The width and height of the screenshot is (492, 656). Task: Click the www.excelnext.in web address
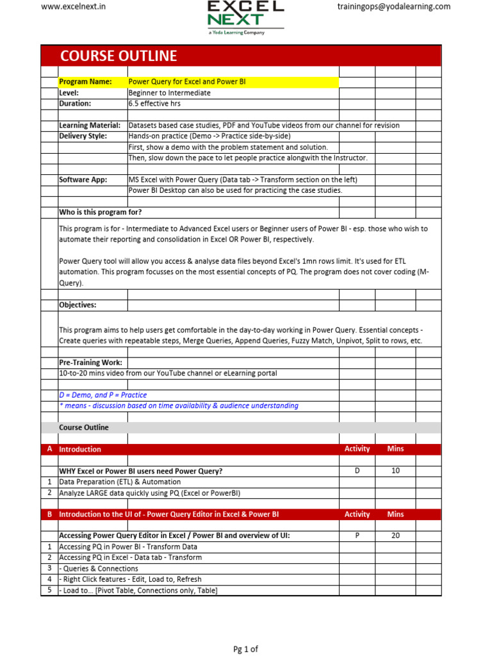(x=73, y=7)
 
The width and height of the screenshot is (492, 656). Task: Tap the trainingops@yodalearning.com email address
(x=393, y=7)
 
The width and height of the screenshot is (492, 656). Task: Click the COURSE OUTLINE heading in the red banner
(x=119, y=56)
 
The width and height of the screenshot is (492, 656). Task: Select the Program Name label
(x=85, y=82)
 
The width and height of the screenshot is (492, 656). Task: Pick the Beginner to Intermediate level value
(x=169, y=93)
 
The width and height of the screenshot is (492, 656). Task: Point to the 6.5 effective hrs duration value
(x=155, y=103)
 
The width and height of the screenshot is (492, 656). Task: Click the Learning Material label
(x=90, y=126)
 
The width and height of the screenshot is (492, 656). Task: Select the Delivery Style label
(x=83, y=136)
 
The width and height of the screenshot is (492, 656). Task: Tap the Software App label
(x=83, y=180)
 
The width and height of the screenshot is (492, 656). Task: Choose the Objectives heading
(x=78, y=305)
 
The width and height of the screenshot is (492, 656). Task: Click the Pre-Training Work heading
(x=90, y=363)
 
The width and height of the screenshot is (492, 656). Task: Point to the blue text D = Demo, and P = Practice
(x=102, y=395)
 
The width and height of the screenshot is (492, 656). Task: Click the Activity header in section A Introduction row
(x=357, y=449)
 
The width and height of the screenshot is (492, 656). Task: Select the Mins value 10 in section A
(x=395, y=471)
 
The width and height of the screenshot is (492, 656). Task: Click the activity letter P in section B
(x=357, y=536)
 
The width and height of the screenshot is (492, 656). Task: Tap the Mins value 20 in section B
(x=395, y=536)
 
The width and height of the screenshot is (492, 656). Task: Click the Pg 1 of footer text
(x=245, y=649)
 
